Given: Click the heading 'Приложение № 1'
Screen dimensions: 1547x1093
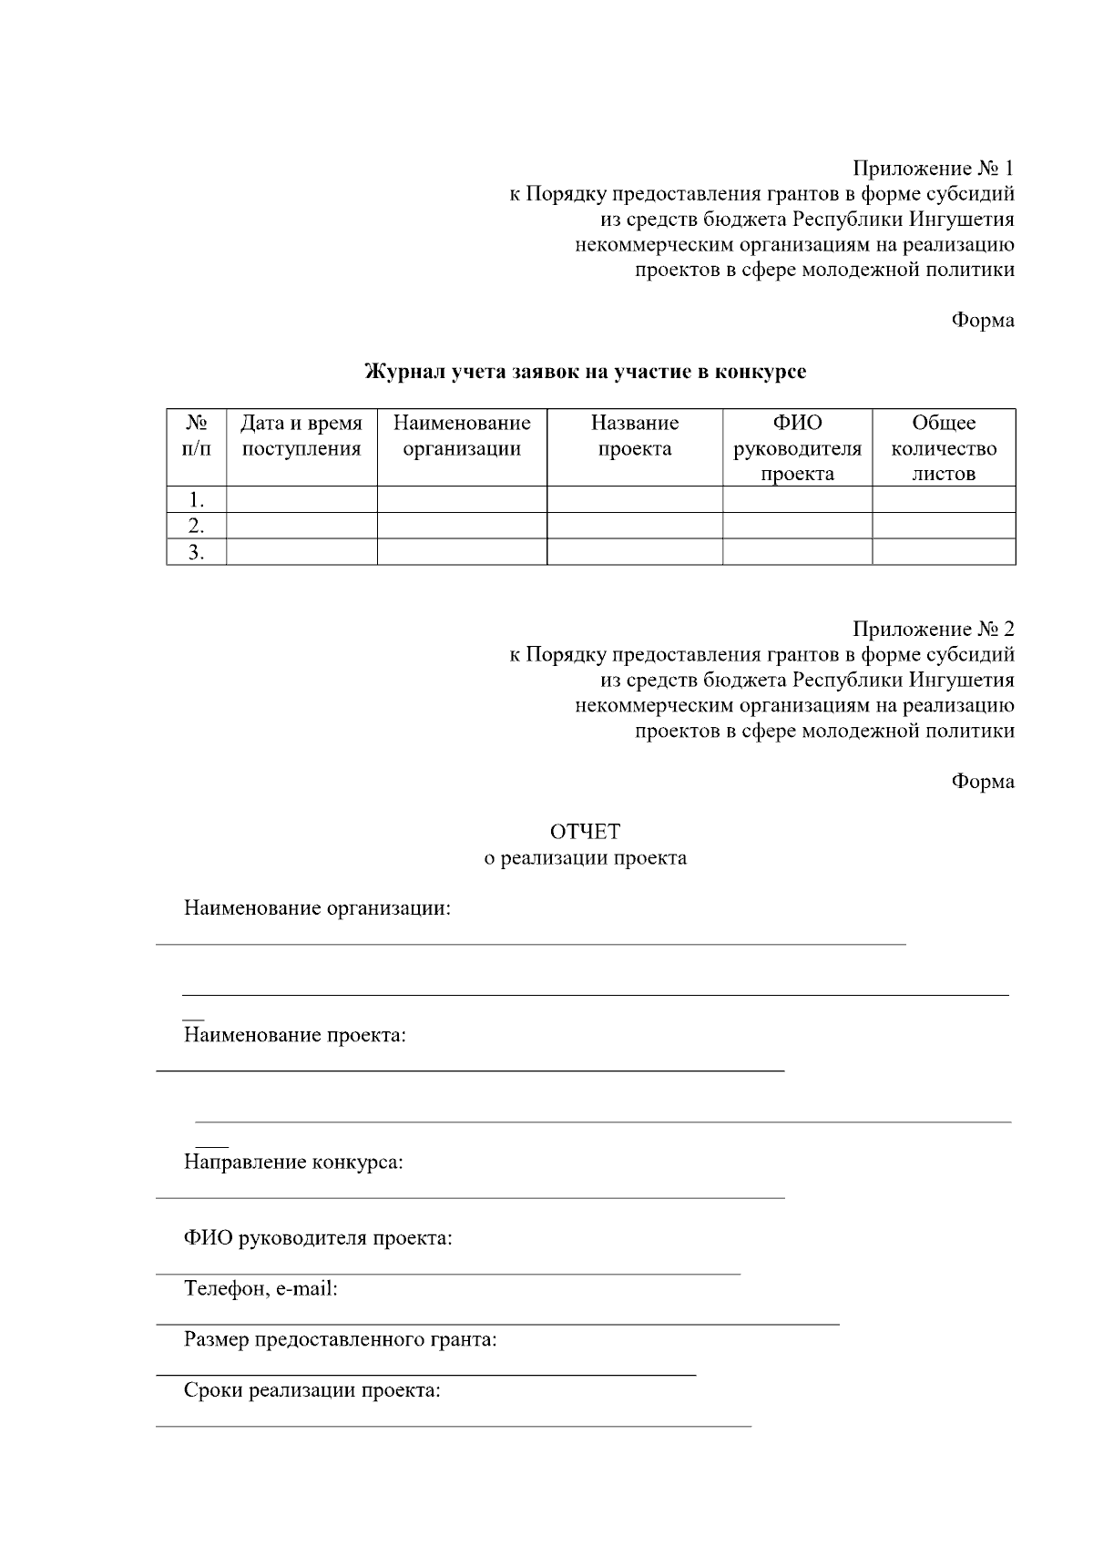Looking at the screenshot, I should click(x=933, y=169).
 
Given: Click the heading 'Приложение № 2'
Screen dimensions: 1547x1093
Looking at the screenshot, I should click(x=933, y=630).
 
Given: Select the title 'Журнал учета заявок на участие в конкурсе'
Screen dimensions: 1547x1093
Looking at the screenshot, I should click(x=586, y=372).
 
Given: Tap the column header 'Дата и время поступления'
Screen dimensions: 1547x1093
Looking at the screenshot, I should click(x=301, y=435).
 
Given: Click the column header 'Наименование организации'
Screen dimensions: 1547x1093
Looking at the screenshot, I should click(x=462, y=435).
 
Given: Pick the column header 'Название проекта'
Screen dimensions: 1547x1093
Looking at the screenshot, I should click(x=635, y=435).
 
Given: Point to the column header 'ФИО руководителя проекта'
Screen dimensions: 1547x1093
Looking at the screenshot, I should click(x=797, y=448).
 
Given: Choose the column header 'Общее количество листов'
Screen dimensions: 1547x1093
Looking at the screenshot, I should click(x=944, y=448).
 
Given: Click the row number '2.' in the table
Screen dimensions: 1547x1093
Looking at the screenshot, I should click(x=196, y=526).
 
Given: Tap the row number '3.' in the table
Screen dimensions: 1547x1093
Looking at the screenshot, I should click(x=196, y=552).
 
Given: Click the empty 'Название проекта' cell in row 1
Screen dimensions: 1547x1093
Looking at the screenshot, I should click(x=635, y=499).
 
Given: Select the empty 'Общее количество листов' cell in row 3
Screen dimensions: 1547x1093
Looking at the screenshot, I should click(x=944, y=552).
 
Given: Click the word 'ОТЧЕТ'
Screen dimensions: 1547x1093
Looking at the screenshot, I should click(x=585, y=832).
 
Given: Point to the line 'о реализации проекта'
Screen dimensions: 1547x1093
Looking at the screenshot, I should click(x=585, y=858).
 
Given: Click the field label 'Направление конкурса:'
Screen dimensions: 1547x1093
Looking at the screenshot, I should click(x=293, y=1163).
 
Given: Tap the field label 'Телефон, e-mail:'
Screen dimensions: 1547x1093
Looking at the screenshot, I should click(x=260, y=1289).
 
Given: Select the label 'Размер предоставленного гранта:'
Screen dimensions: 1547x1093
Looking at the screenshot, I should click(x=340, y=1340).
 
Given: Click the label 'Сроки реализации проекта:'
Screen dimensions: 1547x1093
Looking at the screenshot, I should click(x=312, y=1391).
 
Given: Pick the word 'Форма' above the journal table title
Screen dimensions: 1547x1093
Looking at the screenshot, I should click(x=983, y=321).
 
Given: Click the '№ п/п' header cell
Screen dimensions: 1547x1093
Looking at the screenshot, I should click(x=196, y=435).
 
